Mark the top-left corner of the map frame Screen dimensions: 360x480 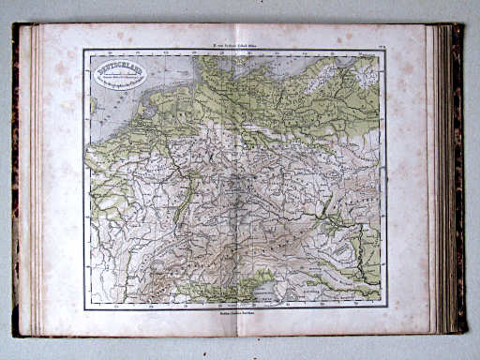click(x=83, y=50)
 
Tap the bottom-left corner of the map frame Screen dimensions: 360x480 click(x=83, y=308)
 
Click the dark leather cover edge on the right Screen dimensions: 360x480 click(x=458, y=178)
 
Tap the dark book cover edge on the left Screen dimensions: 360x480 click(x=16, y=178)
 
